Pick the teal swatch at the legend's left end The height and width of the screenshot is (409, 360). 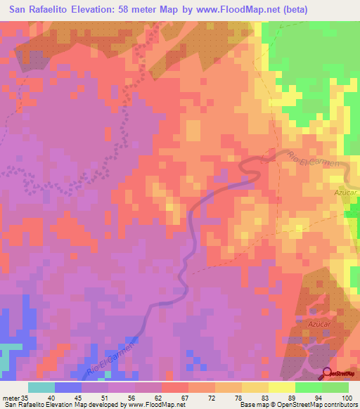coord(41,387)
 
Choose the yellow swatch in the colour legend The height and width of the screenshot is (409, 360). coord(281,387)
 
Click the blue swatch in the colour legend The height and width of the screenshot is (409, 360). coord(68,387)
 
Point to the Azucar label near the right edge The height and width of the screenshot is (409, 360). coord(347,191)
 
